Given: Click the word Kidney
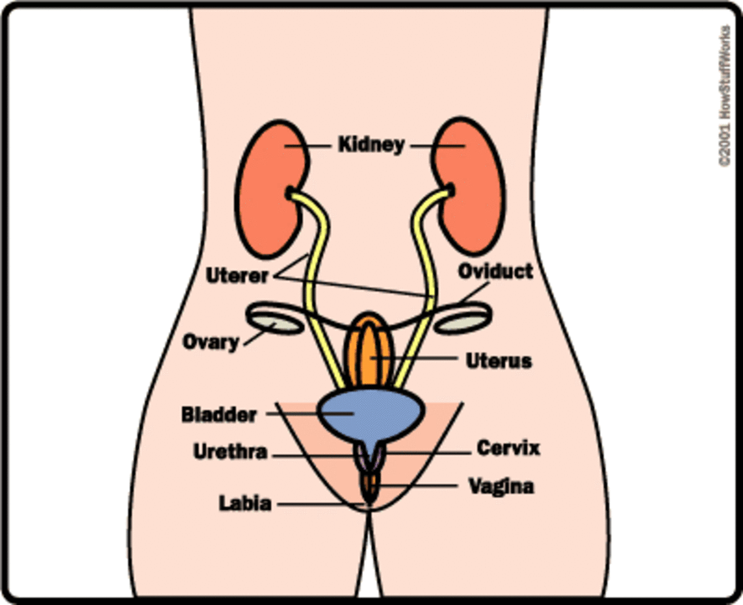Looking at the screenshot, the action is pos(371,144).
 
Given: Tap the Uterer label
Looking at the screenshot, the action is pos(237,276).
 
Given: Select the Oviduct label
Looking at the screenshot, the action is pos(496,271).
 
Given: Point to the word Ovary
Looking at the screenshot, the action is pos(211,342).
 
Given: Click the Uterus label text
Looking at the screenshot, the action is pos(499,361).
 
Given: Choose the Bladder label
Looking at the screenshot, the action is pos(219,414).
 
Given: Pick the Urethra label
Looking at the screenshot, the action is pos(230,452).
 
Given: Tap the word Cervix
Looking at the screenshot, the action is pos(508,448).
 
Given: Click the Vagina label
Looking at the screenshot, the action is pos(502,486).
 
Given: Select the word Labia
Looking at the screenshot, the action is pos(245,503).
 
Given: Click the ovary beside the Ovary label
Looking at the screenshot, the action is pos(276,322).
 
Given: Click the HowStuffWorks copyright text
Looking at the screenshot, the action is pos(724,95).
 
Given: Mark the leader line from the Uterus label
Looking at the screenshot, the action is pos(414,358).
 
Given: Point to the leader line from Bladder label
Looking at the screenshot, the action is pos(310,414).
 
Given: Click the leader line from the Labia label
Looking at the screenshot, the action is pos(321,504).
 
